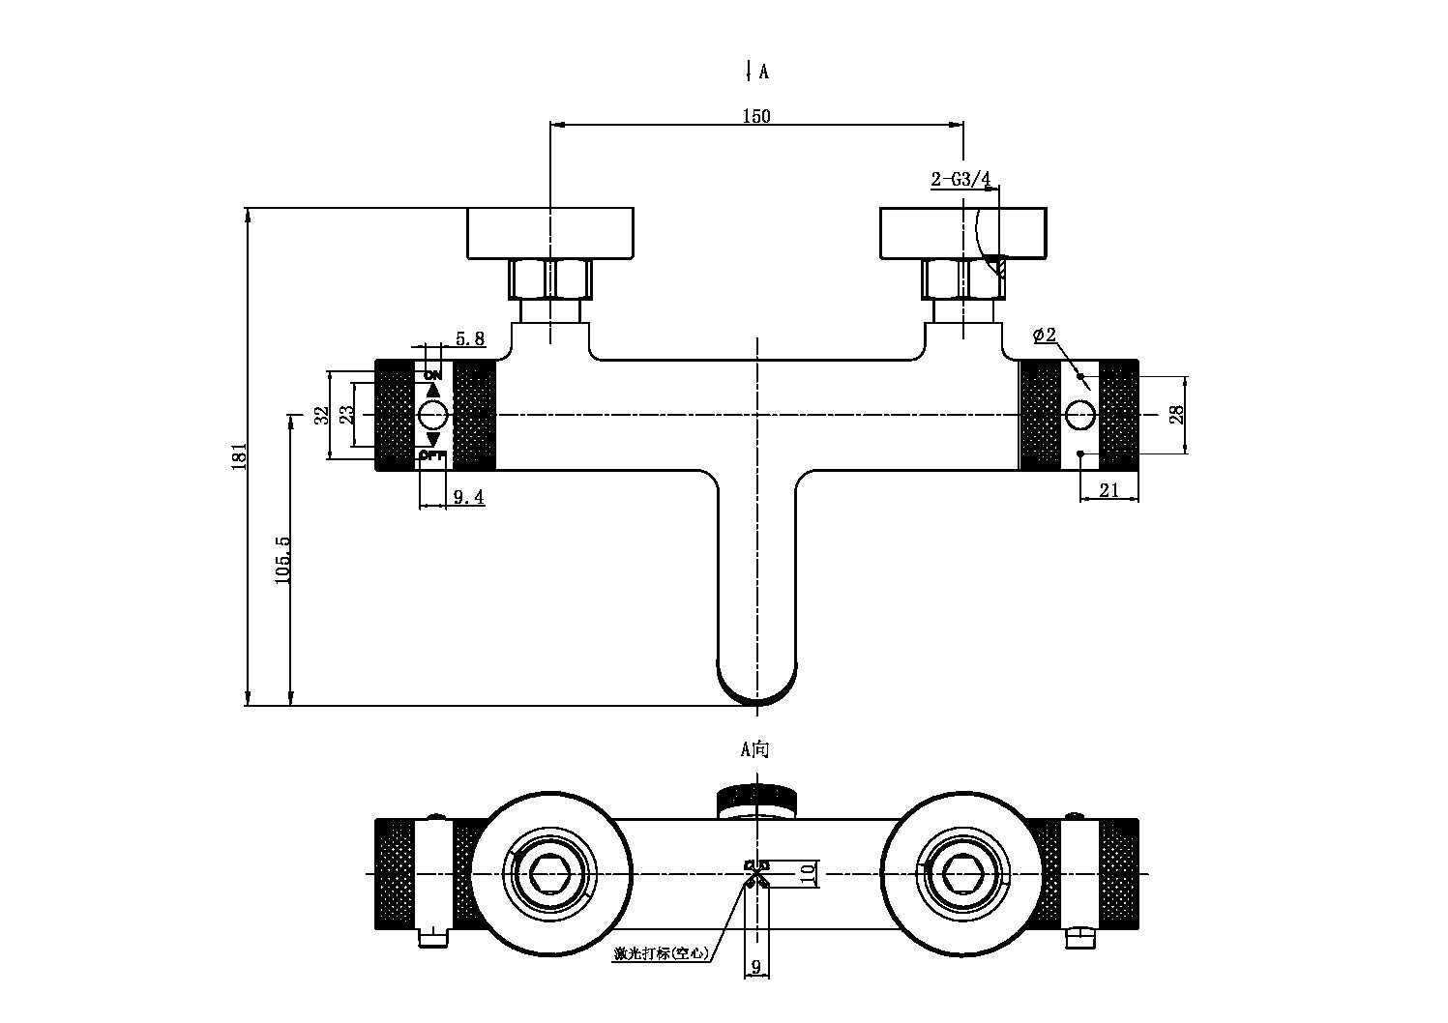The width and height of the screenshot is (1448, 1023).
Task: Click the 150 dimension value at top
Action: [x=756, y=116]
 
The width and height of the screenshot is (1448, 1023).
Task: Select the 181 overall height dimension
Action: [x=241, y=456]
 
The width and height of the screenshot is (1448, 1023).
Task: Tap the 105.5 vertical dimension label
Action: [x=282, y=560]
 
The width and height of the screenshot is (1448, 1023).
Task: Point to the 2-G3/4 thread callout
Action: [x=960, y=179]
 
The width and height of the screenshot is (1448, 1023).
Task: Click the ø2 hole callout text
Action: [x=1045, y=336]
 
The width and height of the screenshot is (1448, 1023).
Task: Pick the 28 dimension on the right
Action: [x=1177, y=415]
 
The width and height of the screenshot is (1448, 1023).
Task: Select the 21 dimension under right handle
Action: [x=1109, y=490]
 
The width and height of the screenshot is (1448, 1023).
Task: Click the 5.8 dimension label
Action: [x=469, y=337]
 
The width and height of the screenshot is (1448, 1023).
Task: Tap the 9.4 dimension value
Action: [x=468, y=497]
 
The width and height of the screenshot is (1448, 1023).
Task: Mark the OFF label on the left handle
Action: [x=432, y=455]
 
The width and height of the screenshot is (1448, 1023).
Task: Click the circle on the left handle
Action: [x=432, y=416]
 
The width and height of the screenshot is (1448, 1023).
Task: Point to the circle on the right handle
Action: [x=1079, y=416]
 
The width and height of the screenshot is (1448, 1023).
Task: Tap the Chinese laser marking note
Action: [x=661, y=952]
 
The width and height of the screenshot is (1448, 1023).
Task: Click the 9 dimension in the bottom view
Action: [x=755, y=966]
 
